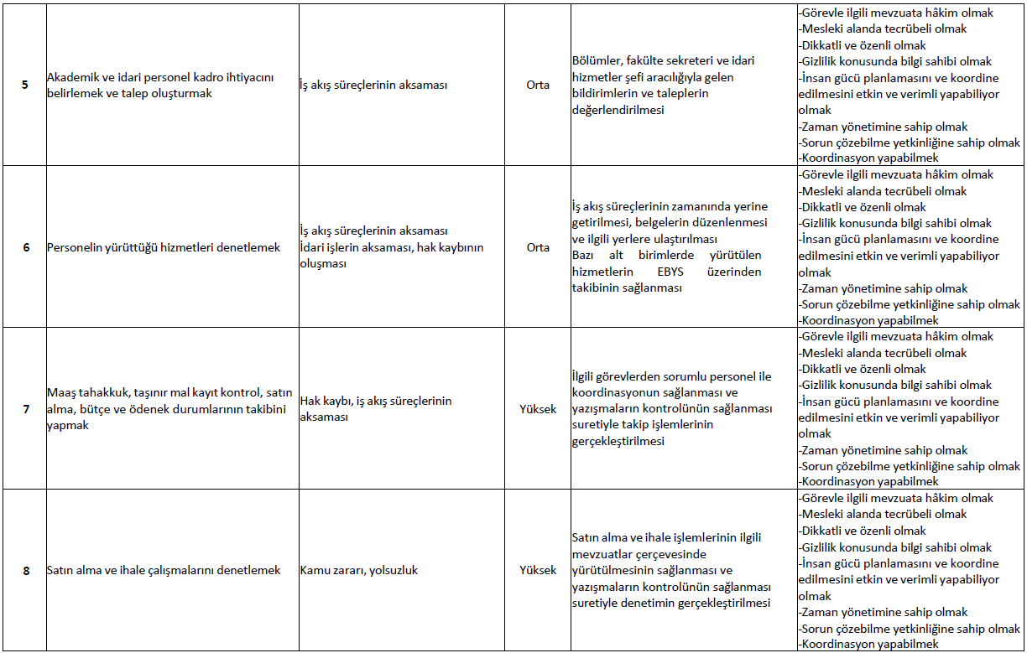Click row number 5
tap(25, 86)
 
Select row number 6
tap(25, 247)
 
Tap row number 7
tap(25, 409)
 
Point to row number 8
tap(25, 571)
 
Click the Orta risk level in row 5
tap(538, 86)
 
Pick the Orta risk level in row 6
tap(538, 247)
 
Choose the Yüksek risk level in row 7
tap(538, 409)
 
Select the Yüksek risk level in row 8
tap(538, 571)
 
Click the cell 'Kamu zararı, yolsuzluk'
tap(358, 571)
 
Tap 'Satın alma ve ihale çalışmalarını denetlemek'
tap(164, 571)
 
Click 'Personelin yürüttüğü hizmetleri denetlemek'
tap(164, 247)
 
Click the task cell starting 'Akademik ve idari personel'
tap(160, 86)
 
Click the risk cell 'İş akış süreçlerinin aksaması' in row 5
tap(373, 86)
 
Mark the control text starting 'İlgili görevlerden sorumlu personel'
tap(671, 409)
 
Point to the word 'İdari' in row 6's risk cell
tap(314, 248)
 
